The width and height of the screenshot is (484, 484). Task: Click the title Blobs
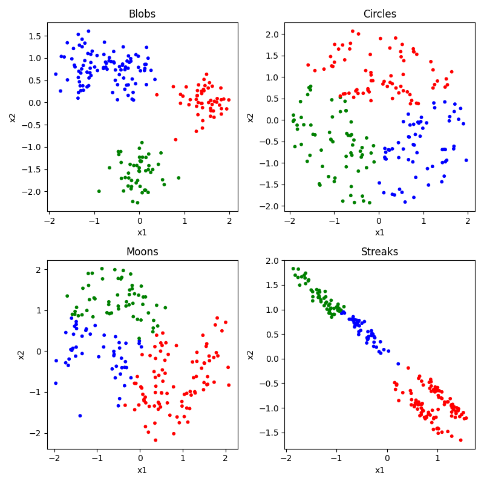point(142,14)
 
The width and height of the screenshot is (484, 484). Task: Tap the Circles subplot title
point(379,14)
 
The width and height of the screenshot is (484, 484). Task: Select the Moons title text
point(142,252)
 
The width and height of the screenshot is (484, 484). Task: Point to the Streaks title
point(379,252)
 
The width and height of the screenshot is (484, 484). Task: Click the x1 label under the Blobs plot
point(142,232)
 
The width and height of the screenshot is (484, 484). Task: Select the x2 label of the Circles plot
point(250,117)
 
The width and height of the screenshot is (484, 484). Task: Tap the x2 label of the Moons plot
point(21,355)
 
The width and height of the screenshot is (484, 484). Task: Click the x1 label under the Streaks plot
point(379,470)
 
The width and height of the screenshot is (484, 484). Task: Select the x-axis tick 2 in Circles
point(468,221)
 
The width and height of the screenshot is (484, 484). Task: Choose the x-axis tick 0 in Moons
point(140,459)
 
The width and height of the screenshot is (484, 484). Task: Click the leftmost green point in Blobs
point(99,191)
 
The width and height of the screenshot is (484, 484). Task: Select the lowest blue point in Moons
point(80,416)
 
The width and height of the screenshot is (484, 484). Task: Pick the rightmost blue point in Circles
point(466,160)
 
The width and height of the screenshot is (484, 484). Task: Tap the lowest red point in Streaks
point(460,440)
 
